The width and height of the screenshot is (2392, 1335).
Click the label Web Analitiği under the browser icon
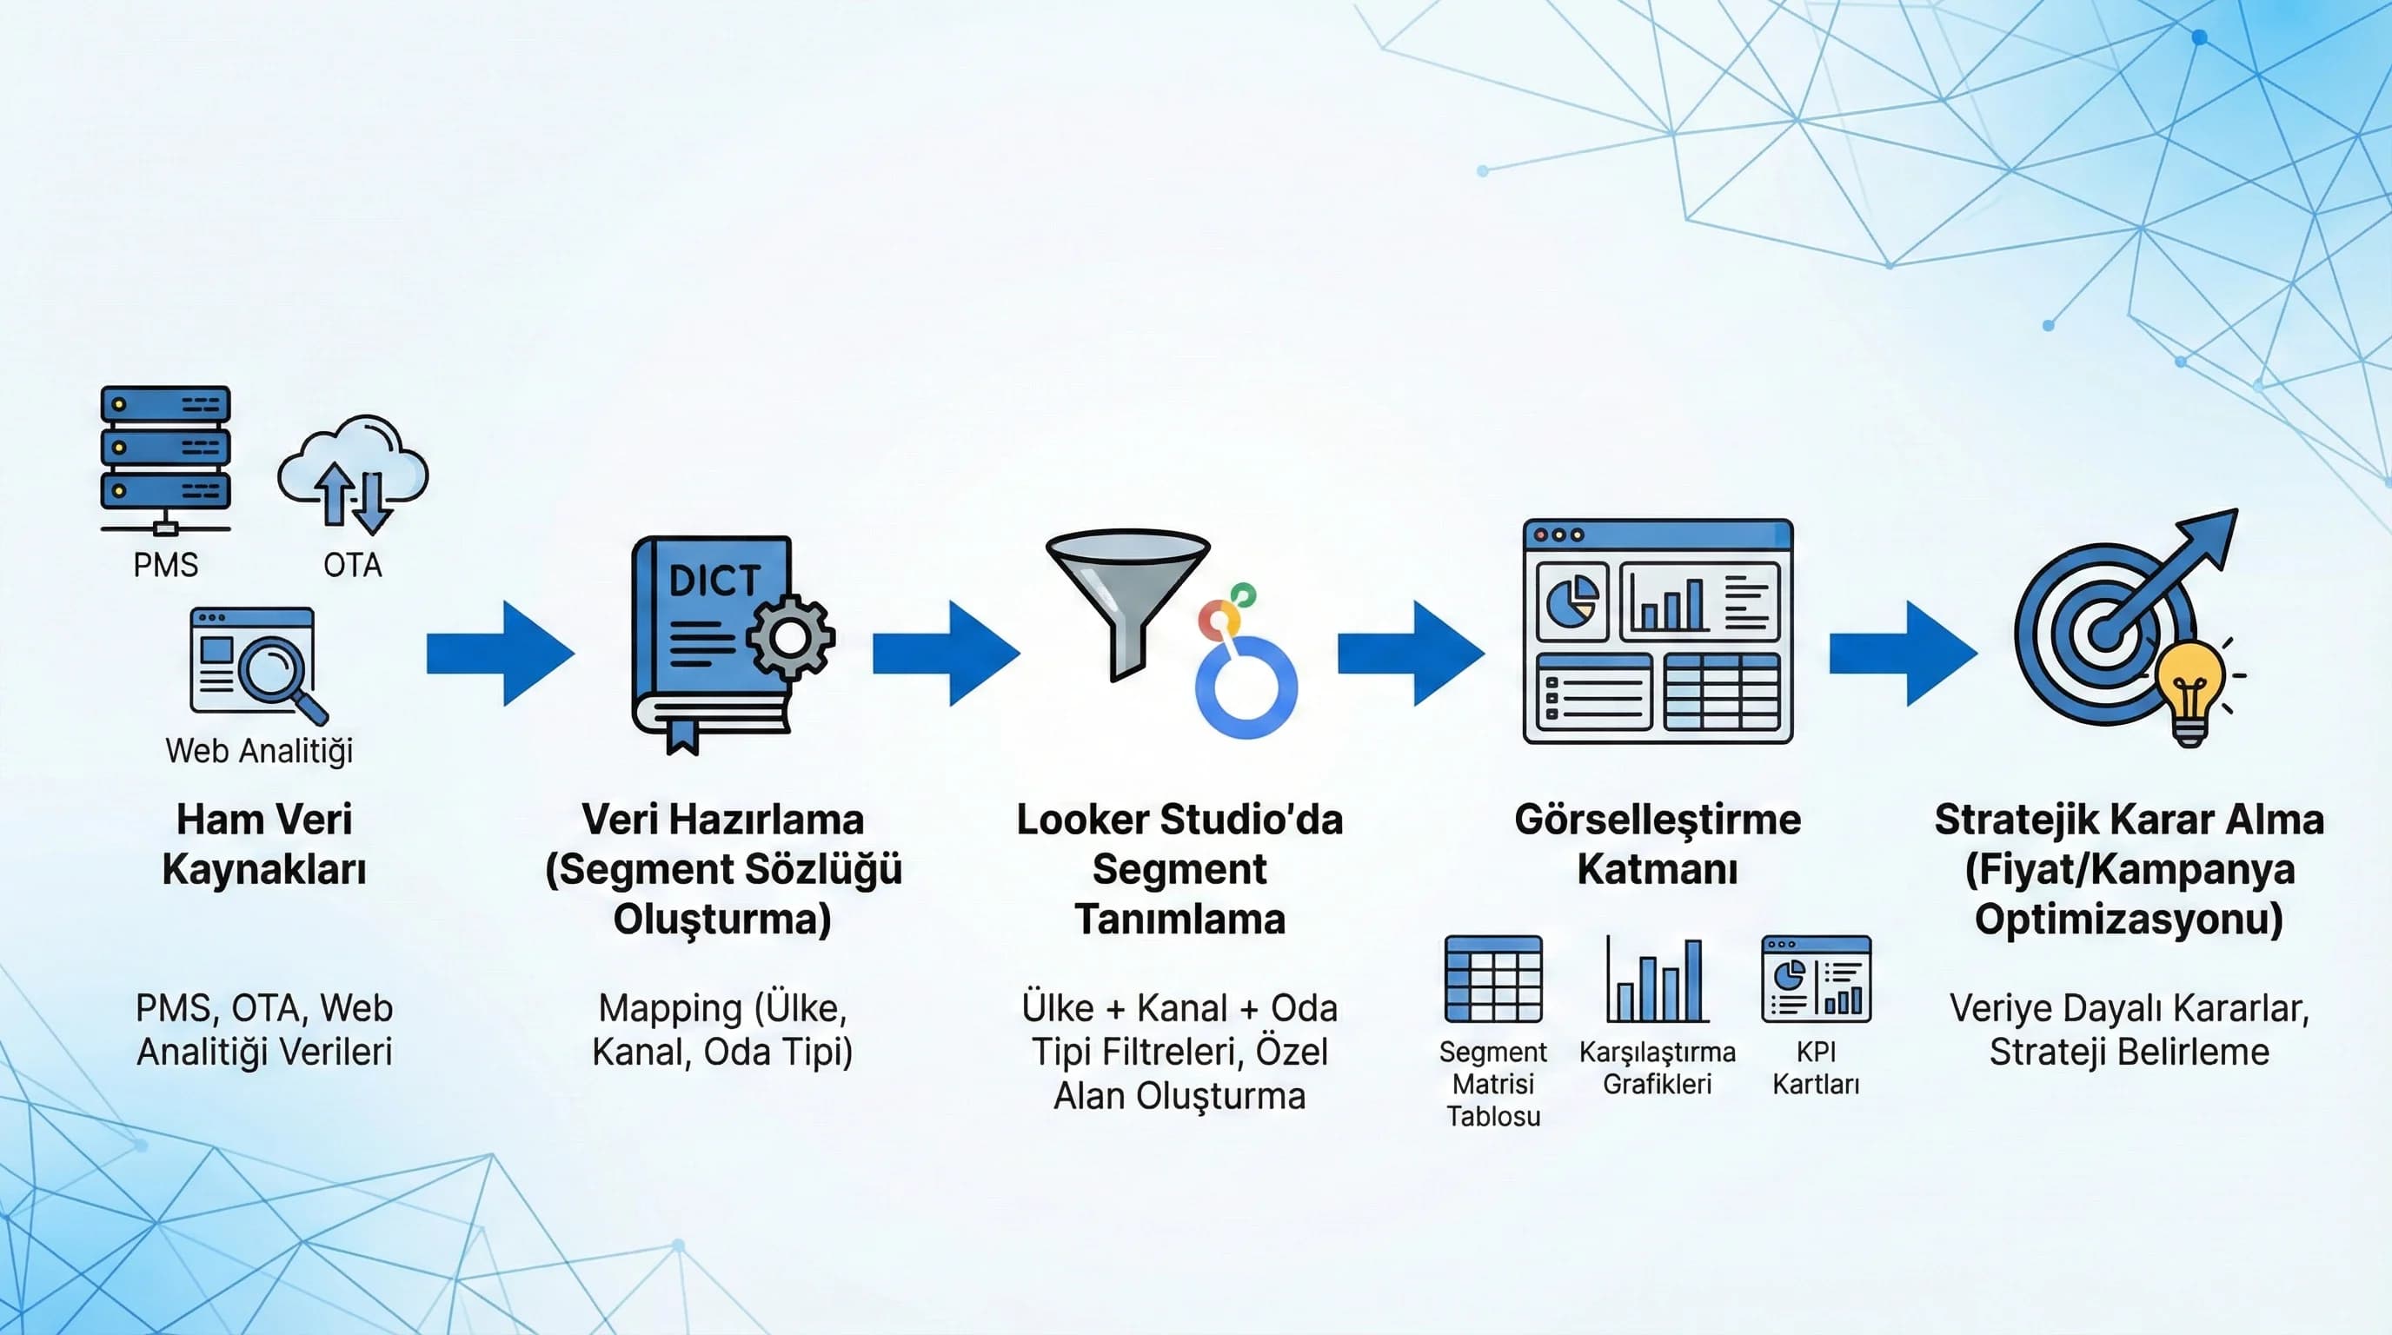pos(259,750)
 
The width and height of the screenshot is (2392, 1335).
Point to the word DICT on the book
pos(714,581)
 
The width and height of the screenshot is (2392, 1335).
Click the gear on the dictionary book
pos(790,637)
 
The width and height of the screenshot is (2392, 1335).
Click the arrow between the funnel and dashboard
pos(1410,653)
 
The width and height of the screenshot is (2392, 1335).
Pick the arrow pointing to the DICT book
pos(500,653)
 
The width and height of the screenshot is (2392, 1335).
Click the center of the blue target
pos(2104,635)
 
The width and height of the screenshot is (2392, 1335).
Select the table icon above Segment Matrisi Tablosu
pos(1493,980)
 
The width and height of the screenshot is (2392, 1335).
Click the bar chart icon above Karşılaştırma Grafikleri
pos(1658,981)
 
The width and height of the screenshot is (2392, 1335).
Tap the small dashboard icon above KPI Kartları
pos(1816,979)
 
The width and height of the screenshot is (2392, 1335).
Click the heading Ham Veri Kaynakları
pos(264,844)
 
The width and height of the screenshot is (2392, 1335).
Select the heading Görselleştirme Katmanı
pos(1658,844)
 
